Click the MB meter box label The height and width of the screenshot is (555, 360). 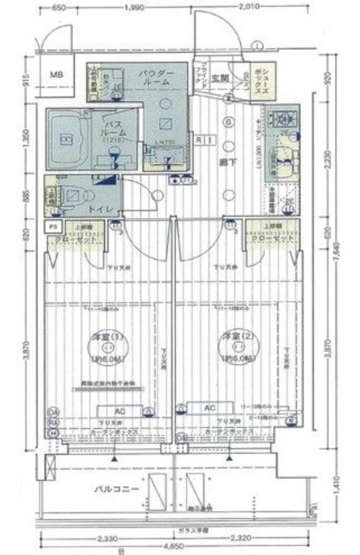click(x=57, y=76)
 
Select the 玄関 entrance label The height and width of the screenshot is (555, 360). click(x=219, y=78)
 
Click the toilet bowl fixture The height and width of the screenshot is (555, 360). click(x=73, y=195)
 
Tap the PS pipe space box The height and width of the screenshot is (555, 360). click(x=53, y=226)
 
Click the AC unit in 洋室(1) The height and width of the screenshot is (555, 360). click(x=118, y=411)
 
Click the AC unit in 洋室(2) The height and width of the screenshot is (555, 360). click(x=211, y=407)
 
